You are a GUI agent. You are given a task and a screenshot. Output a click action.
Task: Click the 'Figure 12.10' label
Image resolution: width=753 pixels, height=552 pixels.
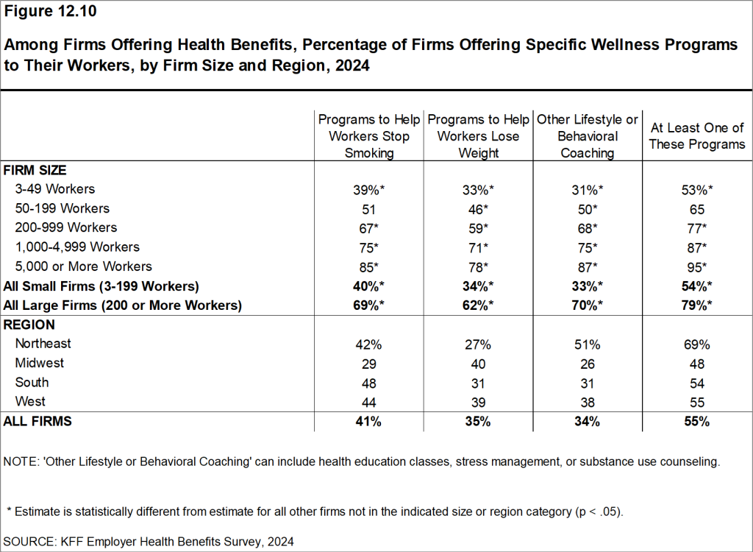click(51, 12)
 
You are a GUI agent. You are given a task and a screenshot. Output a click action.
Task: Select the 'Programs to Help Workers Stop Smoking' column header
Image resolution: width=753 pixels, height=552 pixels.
click(369, 136)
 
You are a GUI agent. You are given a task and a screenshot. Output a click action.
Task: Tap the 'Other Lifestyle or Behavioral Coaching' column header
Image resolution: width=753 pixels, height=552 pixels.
click(587, 136)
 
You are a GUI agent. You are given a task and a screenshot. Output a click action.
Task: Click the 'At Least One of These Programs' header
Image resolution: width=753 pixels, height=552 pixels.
click(697, 136)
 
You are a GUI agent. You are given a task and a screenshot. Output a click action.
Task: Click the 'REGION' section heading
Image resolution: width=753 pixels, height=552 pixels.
click(29, 325)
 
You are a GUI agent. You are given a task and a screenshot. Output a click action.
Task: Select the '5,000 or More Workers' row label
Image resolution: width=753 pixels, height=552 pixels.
click(83, 266)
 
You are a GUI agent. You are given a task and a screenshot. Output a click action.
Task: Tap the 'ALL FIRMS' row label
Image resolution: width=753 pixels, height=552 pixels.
click(38, 422)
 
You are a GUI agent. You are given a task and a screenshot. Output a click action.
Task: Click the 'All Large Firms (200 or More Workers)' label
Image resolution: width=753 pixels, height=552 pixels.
click(123, 305)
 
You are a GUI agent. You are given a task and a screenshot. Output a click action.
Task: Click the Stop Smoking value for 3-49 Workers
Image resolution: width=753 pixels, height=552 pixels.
click(369, 189)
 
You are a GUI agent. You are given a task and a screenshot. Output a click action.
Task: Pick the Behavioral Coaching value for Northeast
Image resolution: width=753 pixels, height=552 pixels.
click(587, 344)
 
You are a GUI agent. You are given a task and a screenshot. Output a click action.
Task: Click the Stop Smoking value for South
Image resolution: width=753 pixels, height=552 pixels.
click(369, 383)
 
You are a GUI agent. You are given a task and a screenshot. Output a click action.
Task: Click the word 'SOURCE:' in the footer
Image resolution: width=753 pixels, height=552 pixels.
click(29, 541)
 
